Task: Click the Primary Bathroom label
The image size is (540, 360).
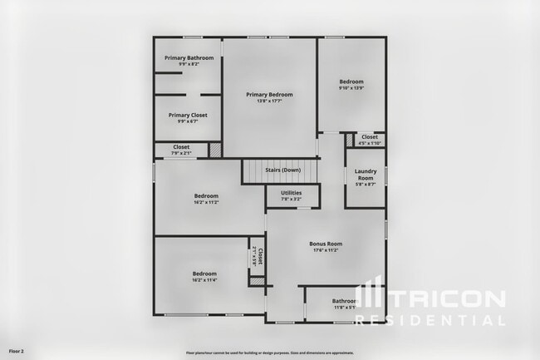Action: point(189,57)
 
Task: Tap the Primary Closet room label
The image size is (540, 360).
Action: point(188,115)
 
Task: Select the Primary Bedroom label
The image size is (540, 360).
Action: point(269,95)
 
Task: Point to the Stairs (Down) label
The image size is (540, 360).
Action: point(282,170)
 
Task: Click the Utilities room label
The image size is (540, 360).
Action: point(291,193)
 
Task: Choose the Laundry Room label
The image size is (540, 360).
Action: point(365,175)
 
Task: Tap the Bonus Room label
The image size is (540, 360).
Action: point(326,244)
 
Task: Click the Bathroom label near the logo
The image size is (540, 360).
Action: point(344,301)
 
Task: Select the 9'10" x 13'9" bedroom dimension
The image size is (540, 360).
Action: point(351,87)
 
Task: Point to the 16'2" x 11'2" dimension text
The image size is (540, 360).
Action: point(205,202)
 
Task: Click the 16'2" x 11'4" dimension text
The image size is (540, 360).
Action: point(204,280)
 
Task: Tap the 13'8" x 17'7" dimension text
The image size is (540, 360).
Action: point(269,101)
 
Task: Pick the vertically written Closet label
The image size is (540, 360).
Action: point(260,255)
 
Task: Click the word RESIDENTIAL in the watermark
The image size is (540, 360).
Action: point(444,319)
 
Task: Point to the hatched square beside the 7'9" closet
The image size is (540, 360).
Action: point(214,150)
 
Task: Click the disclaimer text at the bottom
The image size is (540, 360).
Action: point(269,353)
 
